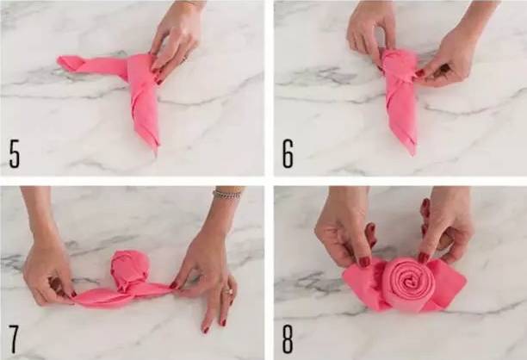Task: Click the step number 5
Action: (15, 154)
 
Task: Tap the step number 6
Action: (288, 154)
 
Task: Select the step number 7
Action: (14, 339)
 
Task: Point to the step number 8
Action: (288, 339)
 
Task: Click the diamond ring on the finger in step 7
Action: (231, 292)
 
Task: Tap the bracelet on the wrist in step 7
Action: (226, 194)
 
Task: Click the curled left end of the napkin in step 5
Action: (70, 63)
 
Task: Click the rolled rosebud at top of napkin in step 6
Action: (400, 65)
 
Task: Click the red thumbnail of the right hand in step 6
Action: (420, 73)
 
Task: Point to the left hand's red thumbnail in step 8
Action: (364, 261)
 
